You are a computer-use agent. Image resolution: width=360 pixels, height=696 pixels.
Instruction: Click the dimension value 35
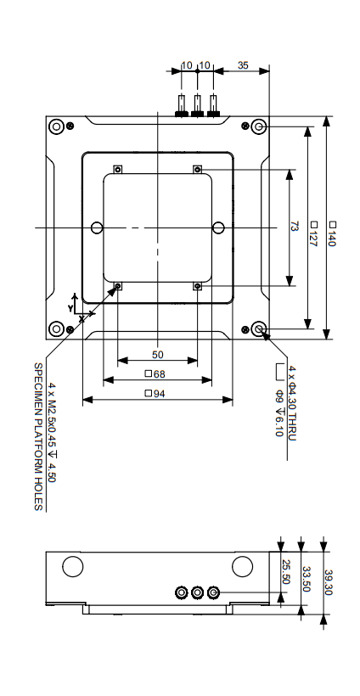(243, 65)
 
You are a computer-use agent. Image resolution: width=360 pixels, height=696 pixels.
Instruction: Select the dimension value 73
(295, 227)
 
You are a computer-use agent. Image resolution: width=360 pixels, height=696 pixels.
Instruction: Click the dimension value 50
(157, 354)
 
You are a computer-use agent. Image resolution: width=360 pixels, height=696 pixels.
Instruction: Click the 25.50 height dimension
(286, 573)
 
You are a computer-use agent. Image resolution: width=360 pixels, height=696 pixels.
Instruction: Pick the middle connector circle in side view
(197, 592)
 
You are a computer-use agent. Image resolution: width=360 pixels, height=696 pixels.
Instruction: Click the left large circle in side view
(72, 565)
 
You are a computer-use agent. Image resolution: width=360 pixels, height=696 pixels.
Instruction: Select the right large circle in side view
(242, 565)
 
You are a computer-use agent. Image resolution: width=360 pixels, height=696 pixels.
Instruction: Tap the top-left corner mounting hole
(56, 127)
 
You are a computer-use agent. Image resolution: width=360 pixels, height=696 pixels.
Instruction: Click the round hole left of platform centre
(97, 227)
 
